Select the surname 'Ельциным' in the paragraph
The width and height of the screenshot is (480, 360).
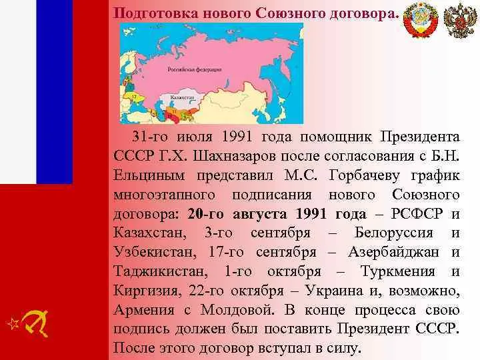tap(147, 175)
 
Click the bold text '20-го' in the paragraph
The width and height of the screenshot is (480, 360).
tap(206, 214)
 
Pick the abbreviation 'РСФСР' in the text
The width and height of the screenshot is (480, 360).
tap(419, 214)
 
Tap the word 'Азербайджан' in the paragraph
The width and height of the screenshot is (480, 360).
tap(396, 253)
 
